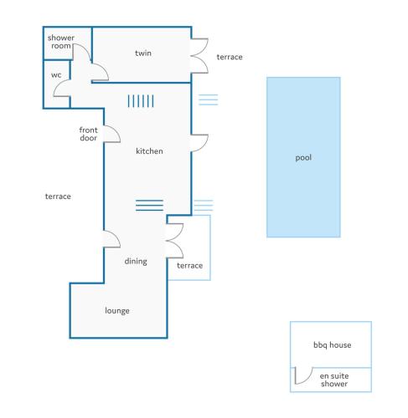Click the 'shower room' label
tap(61, 42)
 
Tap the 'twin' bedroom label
tap(143, 53)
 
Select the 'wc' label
tap(56, 75)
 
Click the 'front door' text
tap(88, 134)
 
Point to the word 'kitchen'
tap(149, 151)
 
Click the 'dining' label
tap(136, 262)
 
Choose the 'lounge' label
tap(117, 311)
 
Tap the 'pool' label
tap(303, 158)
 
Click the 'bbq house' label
tap(333, 345)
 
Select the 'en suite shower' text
tap(334, 380)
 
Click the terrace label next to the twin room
tap(230, 57)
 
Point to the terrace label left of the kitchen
tap(58, 196)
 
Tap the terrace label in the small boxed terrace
tap(189, 266)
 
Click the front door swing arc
tap(116, 131)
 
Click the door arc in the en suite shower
tap(308, 379)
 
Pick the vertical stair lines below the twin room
tap(141, 101)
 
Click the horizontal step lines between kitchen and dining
tap(149, 205)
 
